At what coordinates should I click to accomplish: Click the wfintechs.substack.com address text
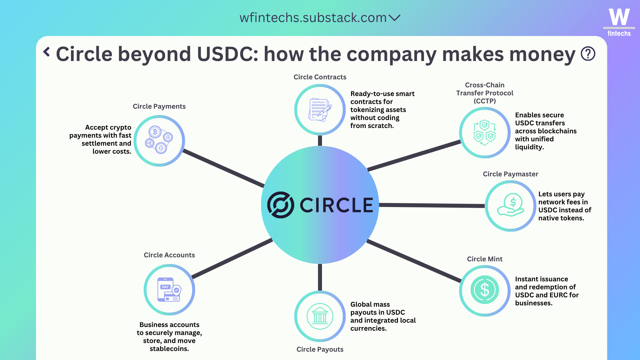click(313, 18)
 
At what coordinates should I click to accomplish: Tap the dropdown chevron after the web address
click(394, 18)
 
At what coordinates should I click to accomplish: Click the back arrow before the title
click(47, 52)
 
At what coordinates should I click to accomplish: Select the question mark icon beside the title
click(588, 54)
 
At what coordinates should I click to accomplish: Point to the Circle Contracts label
click(320, 77)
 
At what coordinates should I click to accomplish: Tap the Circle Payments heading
click(159, 106)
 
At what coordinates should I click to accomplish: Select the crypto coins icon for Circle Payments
click(159, 140)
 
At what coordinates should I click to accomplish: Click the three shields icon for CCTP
click(485, 133)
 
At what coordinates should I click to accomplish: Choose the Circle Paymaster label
click(511, 174)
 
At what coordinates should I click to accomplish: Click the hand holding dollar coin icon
click(511, 205)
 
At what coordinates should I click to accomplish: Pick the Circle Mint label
click(485, 259)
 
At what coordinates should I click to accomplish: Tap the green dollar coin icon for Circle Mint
click(485, 290)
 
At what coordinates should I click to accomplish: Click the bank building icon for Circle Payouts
click(320, 316)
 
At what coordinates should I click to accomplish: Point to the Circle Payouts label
click(320, 349)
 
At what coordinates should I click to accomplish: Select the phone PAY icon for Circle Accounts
click(169, 290)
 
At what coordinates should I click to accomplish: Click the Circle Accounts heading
click(169, 255)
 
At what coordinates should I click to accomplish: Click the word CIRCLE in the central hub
click(336, 205)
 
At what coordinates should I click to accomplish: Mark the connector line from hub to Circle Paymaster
click(432, 205)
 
